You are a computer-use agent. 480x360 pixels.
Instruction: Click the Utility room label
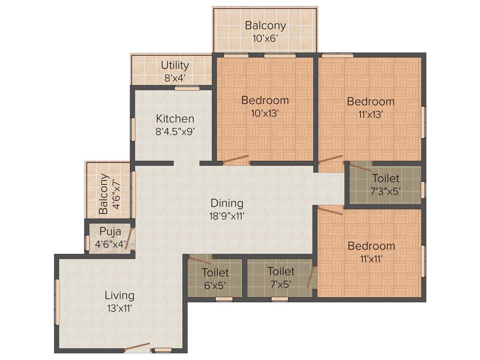click(175, 65)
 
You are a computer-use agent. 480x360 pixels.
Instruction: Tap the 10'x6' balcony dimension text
click(265, 38)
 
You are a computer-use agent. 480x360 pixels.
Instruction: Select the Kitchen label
click(175, 119)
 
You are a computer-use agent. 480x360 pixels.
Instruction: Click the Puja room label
click(110, 231)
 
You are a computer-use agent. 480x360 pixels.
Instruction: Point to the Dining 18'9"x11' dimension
click(227, 216)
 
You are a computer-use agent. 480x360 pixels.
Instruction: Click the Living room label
click(119, 295)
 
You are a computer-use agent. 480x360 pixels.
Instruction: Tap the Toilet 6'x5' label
click(215, 272)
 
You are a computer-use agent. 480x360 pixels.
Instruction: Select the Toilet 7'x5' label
click(281, 271)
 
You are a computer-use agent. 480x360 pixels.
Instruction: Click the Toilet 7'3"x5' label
click(386, 178)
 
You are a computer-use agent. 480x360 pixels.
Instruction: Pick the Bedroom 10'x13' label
click(265, 100)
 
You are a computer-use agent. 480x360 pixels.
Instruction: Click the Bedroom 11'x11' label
click(371, 246)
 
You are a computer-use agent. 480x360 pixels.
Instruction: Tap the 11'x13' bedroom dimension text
click(371, 114)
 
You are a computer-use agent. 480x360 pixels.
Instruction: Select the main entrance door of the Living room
click(137, 347)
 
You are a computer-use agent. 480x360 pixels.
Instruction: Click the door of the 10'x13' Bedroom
click(236, 159)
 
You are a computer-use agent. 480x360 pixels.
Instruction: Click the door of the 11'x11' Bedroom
click(330, 210)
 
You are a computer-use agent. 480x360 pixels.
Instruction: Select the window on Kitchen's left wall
click(133, 129)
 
